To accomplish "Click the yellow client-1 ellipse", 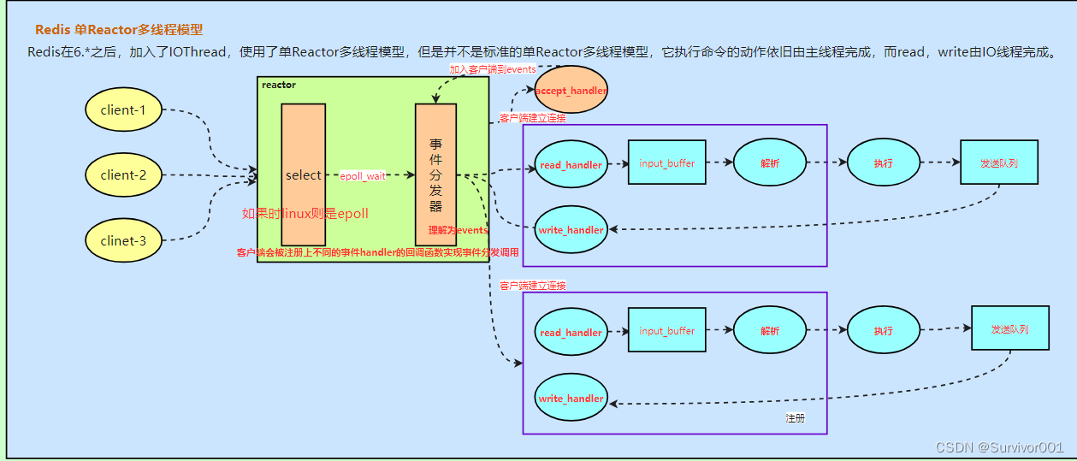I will click(x=123, y=109).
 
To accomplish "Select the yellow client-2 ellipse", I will click(x=123, y=175).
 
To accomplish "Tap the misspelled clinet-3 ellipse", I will click(x=123, y=240).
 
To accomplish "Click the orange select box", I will click(x=303, y=174).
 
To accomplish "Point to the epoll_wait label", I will click(x=364, y=176).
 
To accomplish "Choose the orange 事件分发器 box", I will click(x=435, y=174).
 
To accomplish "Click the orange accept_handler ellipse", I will click(x=571, y=91).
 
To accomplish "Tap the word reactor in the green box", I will click(x=279, y=85).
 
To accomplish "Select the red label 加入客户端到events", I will click(x=493, y=68).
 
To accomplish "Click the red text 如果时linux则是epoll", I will click(x=305, y=213).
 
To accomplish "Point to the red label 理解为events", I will click(x=458, y=230).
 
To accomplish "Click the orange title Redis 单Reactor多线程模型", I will click(x=119, y=30).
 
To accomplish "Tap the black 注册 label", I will click(x=795, y=418).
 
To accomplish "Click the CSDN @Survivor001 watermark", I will click(x=998, y=447).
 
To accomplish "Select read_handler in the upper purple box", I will click(x=571, y=164).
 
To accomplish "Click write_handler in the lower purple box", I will click(x=571, y=399).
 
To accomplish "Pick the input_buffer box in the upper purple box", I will click(x=666, y=163).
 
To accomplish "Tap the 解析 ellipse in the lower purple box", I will click(x=769, y=331).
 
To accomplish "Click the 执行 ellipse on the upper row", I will click(x=883, y=163).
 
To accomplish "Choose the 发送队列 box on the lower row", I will click(x=1009, y=329).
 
